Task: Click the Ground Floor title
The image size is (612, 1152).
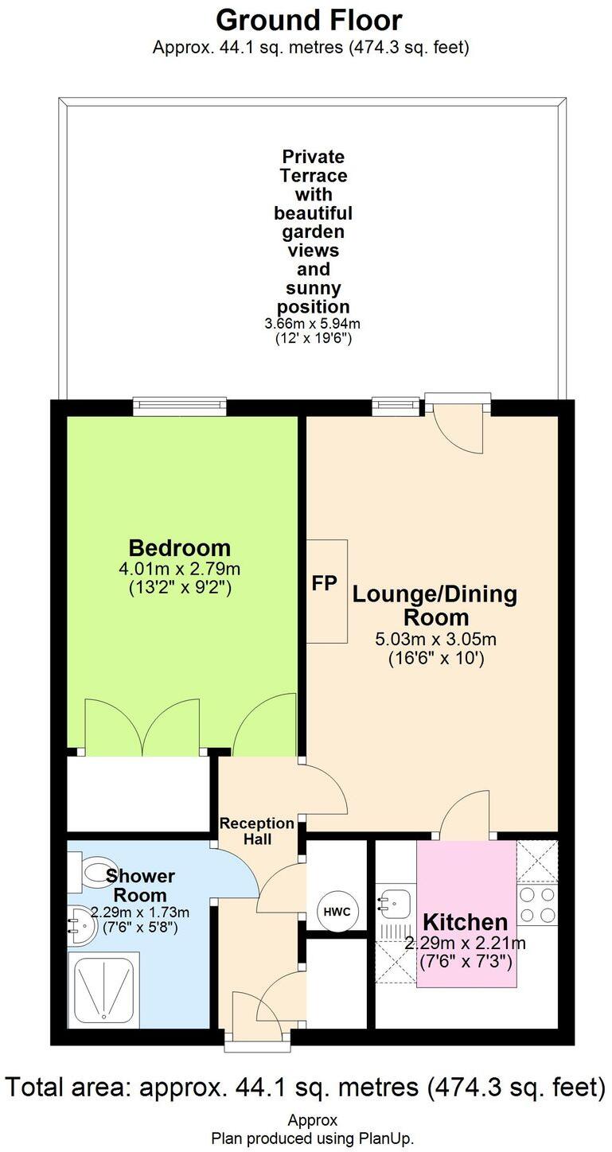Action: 309,19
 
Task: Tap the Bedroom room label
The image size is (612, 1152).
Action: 180,547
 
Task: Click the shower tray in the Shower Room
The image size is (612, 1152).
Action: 103,989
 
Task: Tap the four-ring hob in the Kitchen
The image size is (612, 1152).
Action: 537,905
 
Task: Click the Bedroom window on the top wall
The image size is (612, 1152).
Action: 180,407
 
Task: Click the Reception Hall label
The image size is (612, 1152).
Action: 257,831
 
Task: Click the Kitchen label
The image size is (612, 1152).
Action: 465,922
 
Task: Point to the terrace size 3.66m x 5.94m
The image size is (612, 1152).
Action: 313,324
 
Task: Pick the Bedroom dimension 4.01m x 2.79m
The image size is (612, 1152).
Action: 180,569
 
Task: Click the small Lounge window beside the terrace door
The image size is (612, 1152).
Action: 396,407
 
